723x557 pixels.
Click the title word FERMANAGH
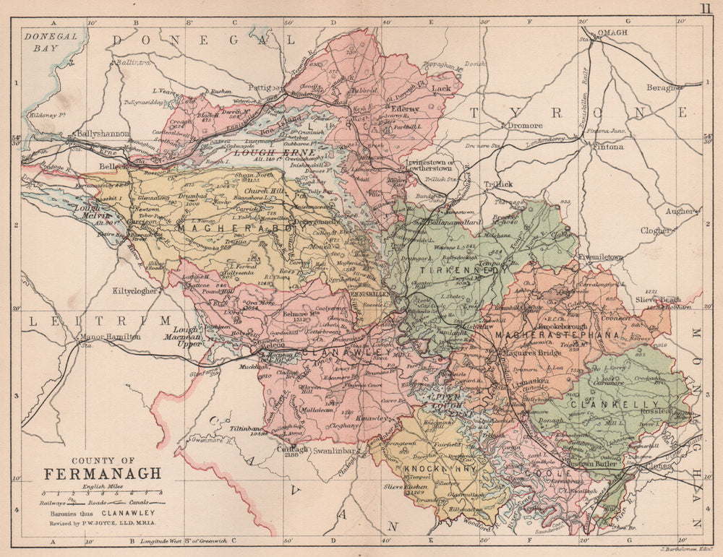(103, 475)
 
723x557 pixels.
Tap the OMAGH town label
(611, 33)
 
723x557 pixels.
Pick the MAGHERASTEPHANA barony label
(557, 335)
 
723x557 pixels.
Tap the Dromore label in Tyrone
(524, 125)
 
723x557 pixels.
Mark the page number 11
(706, 9)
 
